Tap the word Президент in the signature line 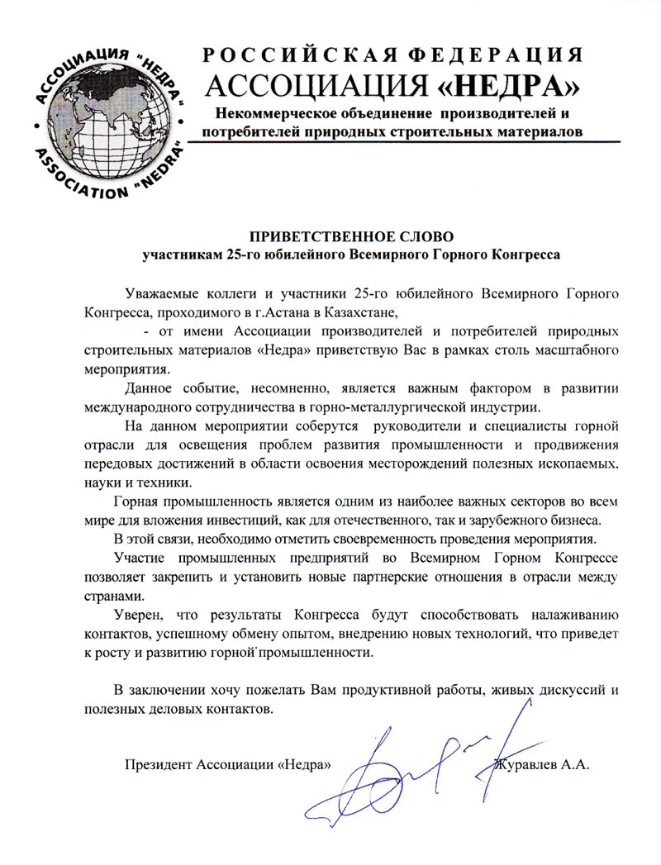156,764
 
